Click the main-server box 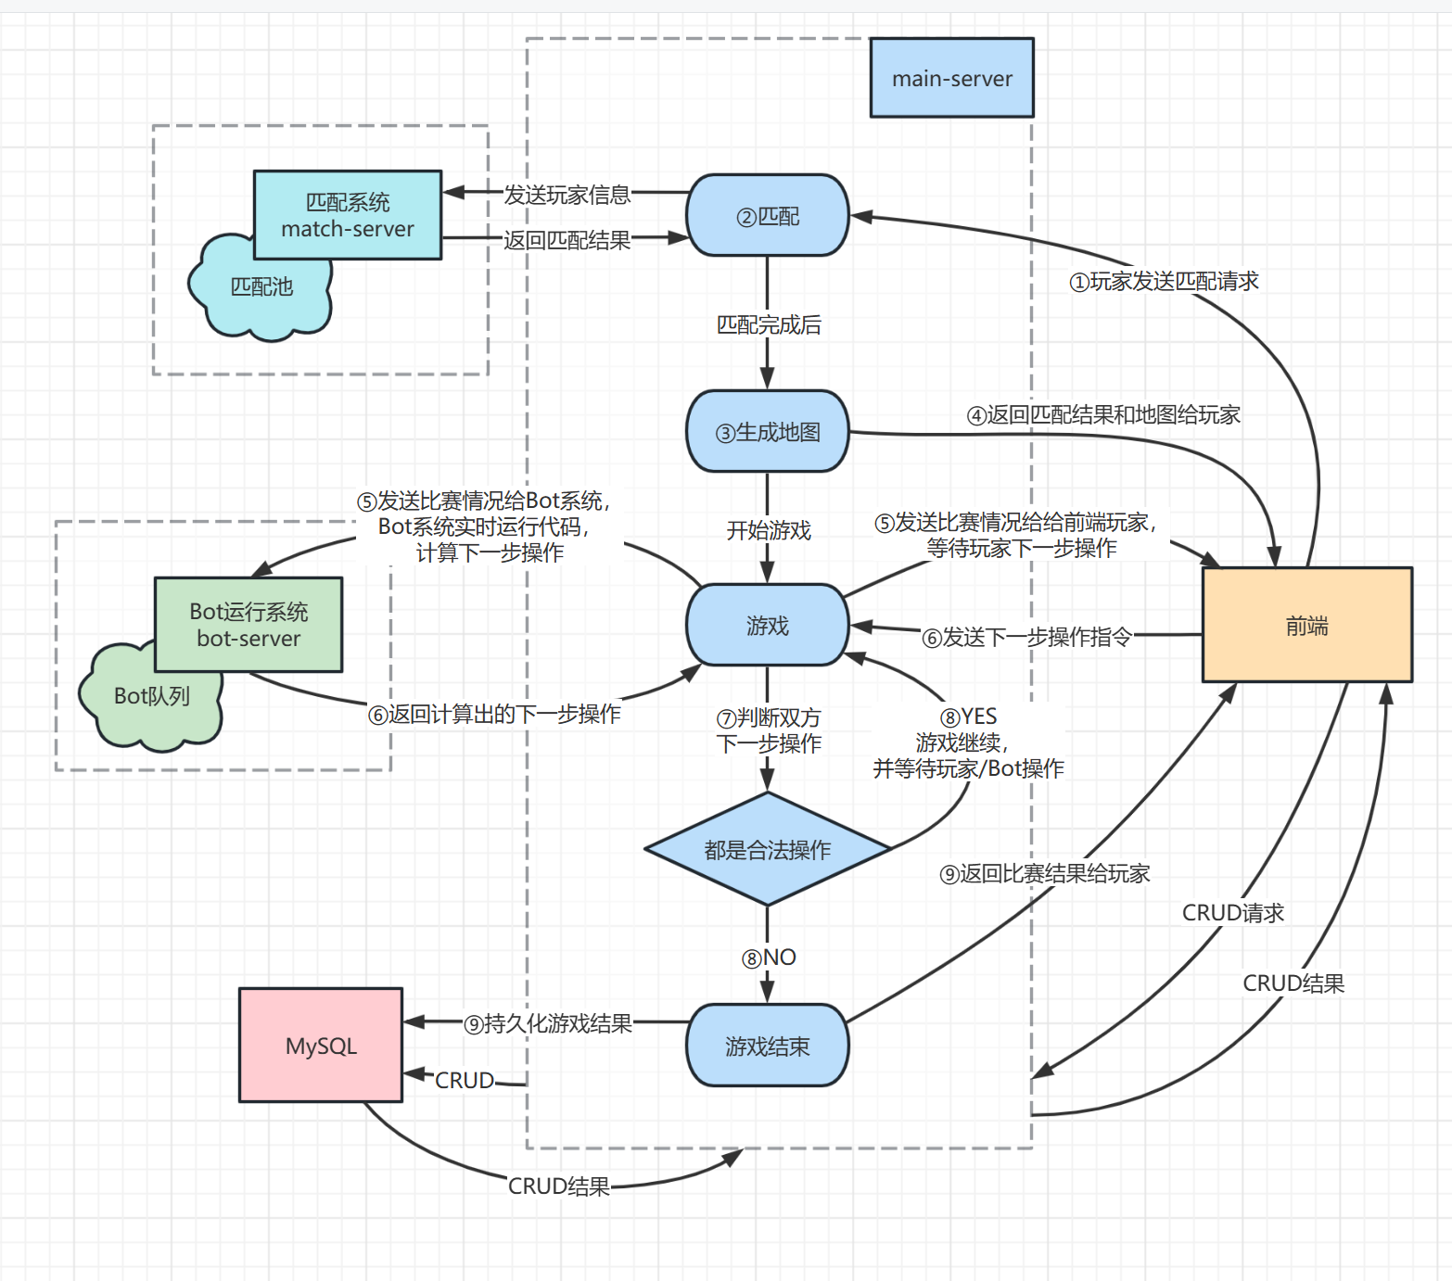click(x=951, y=78)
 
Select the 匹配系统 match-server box click(x=348, y=215)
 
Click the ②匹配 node click(x=767, y=216)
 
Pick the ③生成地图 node click(x=767, y=432)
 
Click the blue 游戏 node click(x=767, y=626)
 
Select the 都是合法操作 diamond click(x=767, y=849)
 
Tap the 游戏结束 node click(x=767, y=1046)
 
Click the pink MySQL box click(x=321, y=1046)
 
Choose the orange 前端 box click(x=1306, y=626)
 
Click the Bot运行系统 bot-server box click(x=248, y=625)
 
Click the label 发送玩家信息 click(x=567, y=195)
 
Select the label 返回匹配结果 click(x=567, y=240)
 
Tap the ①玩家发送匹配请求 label click(x=1165, y=281)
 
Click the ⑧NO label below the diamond click(x=769, y=958)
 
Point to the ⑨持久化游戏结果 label click(x=548, y=1023)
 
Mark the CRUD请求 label click(x=1232, y=913)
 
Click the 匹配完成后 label click(x=768, y=324)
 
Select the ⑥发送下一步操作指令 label click(x=1026, y=637)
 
